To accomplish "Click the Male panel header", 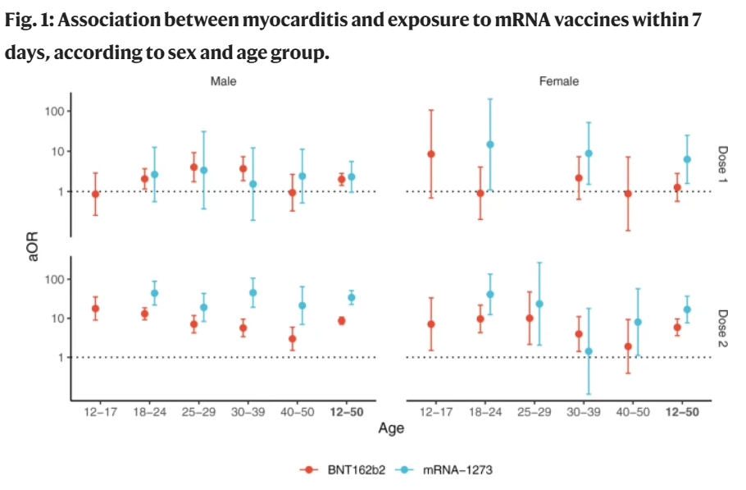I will (224, 81).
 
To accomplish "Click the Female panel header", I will (559, 81).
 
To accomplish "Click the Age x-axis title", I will (391, 428).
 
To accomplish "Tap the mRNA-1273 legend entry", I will (448, 469).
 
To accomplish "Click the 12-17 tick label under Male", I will (97, 412).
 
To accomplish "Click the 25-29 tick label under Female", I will (530, 412).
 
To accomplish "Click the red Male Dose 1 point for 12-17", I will (96, 195).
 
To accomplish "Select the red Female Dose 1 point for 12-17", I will (431, 154).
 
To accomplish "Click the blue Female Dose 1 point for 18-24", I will (490, 144).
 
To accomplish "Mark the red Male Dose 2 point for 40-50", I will (292, 339).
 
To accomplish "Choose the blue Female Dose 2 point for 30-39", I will (589, 351).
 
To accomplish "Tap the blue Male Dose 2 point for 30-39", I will (252, 293).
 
